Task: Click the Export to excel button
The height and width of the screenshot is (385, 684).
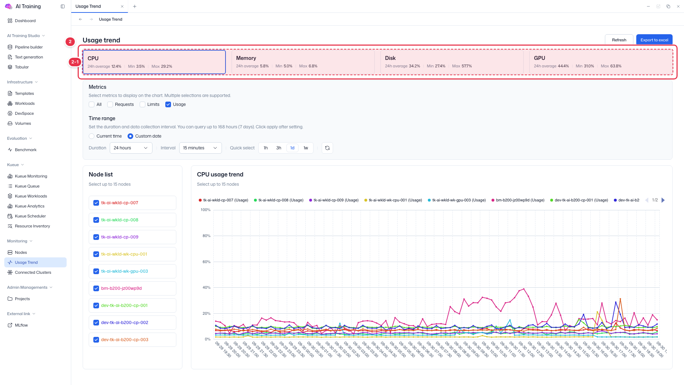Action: (x=654, y=40)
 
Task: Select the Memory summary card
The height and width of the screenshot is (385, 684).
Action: (x=303, y=62)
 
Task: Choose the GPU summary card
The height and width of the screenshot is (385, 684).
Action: (x=601, y=62)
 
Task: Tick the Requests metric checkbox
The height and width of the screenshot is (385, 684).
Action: (x=110, y=104)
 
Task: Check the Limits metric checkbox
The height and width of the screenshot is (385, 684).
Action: (x=142, y=104)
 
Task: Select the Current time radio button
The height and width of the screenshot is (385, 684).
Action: (x=92, y=136)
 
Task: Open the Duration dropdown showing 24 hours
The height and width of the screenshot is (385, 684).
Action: (x=131, y=148)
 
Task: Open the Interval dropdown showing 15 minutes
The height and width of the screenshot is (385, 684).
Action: (x=200, y=148)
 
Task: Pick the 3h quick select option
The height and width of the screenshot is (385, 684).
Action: (x=279, y=148)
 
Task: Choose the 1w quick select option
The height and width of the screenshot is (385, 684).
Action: (x=306, y=148)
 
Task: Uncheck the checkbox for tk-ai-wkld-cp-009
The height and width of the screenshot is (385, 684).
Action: (x=96, y=237)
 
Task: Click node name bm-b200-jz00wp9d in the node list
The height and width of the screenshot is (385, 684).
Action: (x=121, y=288)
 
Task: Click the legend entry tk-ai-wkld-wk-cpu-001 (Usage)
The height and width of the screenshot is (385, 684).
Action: (x=393, y=200)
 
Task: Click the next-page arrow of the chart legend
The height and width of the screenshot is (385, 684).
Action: (x=663, y=200)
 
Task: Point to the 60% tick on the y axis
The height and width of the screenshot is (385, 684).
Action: (x=206, y=262)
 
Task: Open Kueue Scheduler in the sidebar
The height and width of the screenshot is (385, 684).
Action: (x=30, y=216)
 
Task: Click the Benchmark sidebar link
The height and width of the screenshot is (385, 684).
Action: (x=26, y=150)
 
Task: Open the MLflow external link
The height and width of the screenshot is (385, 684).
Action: (x=21, y=325)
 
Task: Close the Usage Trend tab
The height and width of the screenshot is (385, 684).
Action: (x=122, y=6)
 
